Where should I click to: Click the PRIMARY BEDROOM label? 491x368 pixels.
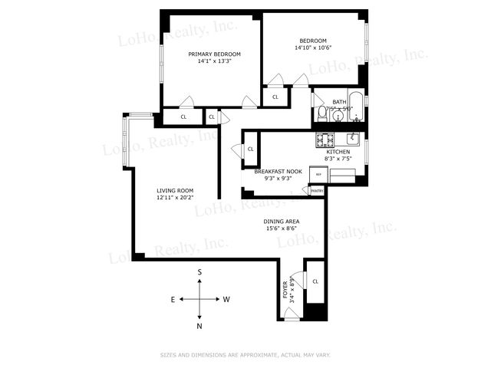(x=215, y=54)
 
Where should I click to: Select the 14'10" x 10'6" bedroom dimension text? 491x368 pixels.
(x=312, y=48)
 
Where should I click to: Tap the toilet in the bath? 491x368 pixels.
(x=321, y=114)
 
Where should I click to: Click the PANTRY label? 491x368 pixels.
(x=318, y=190)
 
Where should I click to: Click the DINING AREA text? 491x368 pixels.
(x=282, y=222)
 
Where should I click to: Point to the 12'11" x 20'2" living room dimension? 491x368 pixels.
(x=175, y=198)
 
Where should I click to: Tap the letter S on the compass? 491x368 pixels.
(x=199, y=272)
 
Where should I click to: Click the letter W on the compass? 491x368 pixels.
(x=226, y=300)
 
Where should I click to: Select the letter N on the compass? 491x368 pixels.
(x=199, y=327)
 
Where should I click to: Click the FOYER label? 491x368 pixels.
(x=285, y=289)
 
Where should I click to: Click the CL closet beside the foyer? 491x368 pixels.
(x=315, y=281)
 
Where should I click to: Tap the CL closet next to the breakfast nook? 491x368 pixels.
(x=250, y=149)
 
